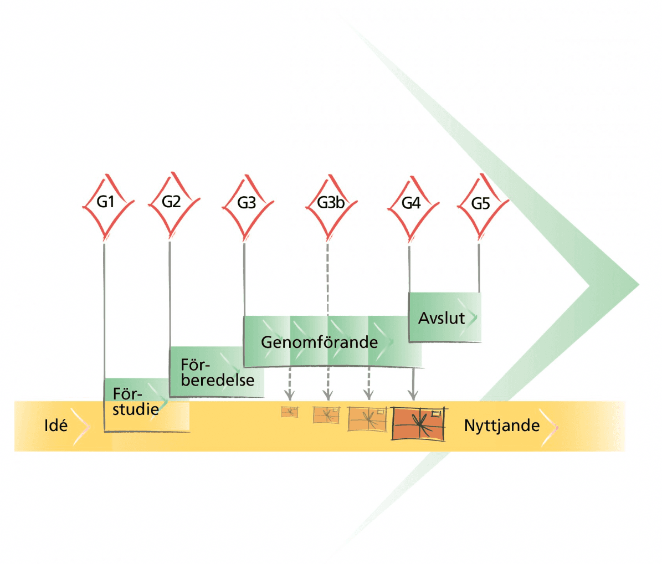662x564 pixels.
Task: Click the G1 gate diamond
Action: tap(106, 203)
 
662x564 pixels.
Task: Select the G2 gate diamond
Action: tap(171, 202)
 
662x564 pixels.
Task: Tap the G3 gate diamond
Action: tap(247, 204)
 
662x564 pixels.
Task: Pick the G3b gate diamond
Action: tap(331, 203)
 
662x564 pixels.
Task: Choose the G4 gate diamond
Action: tap(411, 204)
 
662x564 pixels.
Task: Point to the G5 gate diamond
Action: tap(481, 204)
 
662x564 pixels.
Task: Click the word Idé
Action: tap(55, 425)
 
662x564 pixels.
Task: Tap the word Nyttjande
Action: tap(501, 425)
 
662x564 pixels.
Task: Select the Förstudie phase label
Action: tap(135, 402)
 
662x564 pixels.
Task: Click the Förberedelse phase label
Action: tap(217, 373)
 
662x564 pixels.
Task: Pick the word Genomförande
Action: tap(319, 342)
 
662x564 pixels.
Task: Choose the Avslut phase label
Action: tap(441, 319)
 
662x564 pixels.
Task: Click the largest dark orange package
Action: tap(419, 424)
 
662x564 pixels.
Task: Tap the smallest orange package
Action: tap(289, 412)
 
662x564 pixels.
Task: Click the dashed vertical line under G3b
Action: tap(328, 277)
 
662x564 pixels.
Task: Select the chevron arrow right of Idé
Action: tap(81, 425)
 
